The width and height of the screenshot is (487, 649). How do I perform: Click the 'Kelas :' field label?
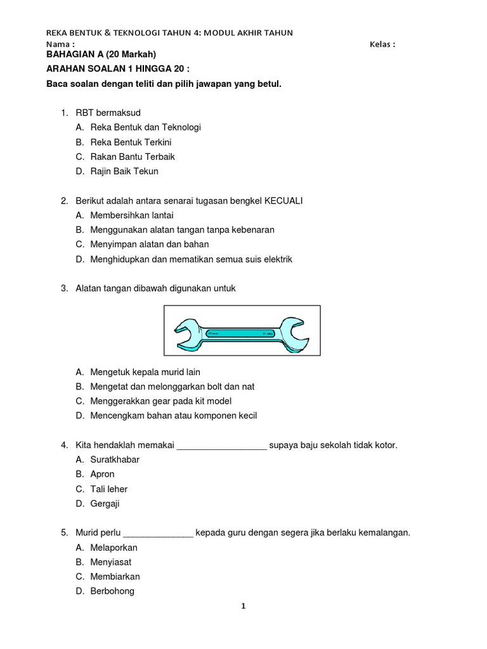(x=382, y=44)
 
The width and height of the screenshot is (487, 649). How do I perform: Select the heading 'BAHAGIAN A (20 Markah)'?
(x=101, y=55)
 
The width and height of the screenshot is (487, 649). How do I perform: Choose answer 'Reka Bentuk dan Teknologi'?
(x=145, y=127)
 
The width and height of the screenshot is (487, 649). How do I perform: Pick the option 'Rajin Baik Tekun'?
(x=124, y=171)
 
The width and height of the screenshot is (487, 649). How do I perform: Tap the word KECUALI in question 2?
(x=279, y=201)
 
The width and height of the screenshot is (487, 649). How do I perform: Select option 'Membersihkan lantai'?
(x=132, y=215)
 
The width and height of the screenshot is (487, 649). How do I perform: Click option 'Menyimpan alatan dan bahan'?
(x=150, y=245)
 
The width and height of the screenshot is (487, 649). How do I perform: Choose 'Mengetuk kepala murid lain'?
(x=145, y=372)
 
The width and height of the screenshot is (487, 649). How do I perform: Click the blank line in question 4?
(x=222, y=446)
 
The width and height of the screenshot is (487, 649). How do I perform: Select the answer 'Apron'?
(x=103, y=474)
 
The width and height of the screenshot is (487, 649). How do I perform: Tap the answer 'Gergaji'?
(x=105, y=504)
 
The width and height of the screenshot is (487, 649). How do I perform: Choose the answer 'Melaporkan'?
(x=114, y=548)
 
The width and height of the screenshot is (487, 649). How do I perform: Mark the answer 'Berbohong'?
(x=112, y=591)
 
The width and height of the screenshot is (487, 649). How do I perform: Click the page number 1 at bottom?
(x=243, y=607)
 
